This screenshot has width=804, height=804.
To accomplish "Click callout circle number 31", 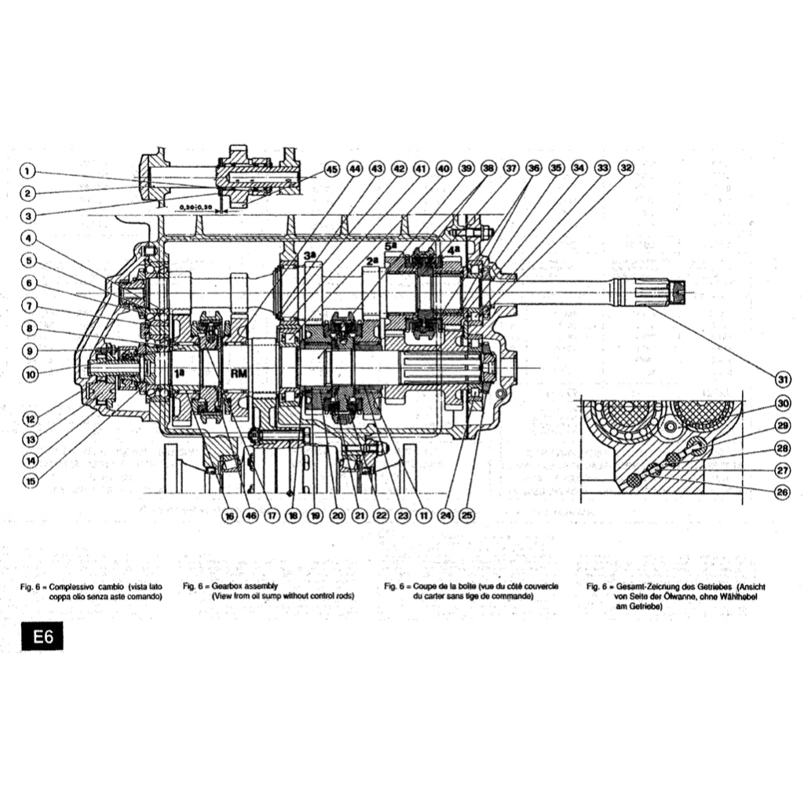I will (x=782, y=378).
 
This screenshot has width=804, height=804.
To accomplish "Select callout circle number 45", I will (x=331, y=169).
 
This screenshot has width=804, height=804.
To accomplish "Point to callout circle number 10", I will (x=30, y=375).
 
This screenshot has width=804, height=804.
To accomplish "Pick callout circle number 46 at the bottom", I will (x=250, y=516).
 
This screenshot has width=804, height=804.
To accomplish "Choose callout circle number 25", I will (x=467, y=516).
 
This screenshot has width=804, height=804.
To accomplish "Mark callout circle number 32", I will (x=626, y=167).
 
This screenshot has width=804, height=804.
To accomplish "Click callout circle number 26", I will (x=782, y=493).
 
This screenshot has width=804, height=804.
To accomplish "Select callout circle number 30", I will (x=782, y=404).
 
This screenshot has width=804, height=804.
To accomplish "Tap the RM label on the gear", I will (x=236, y=375).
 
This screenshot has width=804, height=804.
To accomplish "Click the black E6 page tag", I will (x=42, y=637).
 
